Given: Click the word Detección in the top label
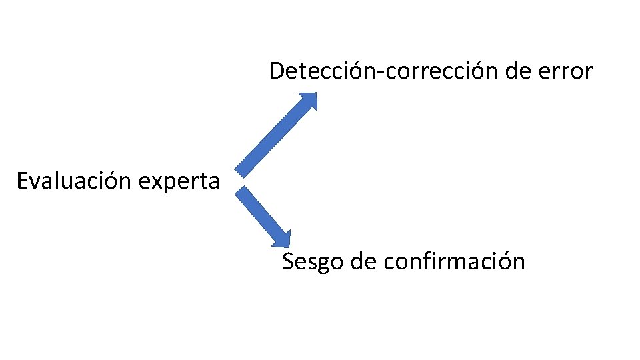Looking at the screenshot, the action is (322, 70).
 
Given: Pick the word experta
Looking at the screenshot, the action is (185, 181).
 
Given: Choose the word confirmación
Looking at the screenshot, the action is (455, 261).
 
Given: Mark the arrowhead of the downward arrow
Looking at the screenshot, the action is (283, 239).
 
